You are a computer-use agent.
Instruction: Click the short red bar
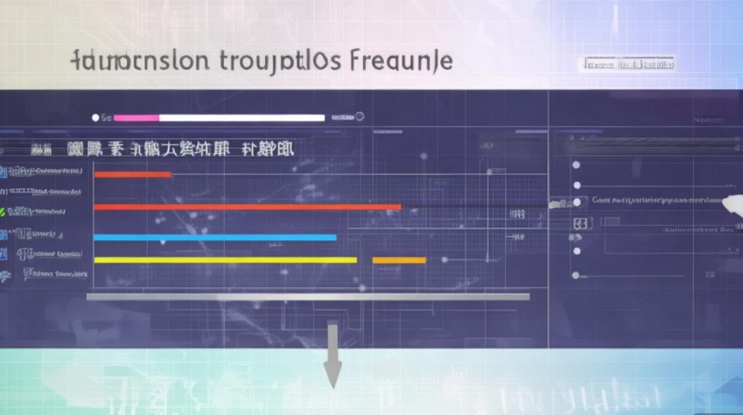(133, 174)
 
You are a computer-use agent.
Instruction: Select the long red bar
(247, 207)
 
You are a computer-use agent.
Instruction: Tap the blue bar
(215, 237)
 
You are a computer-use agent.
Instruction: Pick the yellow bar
(226, 260)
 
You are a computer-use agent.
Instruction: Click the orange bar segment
(399, 260)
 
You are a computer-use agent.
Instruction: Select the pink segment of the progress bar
(136, 118)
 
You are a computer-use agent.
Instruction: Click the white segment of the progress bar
(242, 118)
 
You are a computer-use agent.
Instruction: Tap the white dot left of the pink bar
(95, 118)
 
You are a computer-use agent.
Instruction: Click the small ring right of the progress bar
(360, 116)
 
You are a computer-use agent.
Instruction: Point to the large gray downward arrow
(332, 357)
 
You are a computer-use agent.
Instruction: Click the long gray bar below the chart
(308, 297)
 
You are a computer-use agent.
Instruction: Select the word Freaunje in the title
(402, 61)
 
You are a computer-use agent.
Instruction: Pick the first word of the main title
(140, 61)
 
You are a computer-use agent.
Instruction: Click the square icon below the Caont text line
(580, 224)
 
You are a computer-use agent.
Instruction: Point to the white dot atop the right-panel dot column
(576, 165)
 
